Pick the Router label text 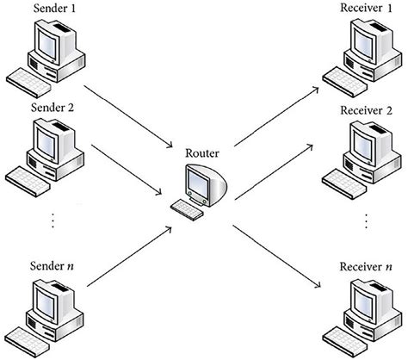[x=202, y=154]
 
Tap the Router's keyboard [x=187, y=207]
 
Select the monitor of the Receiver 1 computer [x=359, y=38]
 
